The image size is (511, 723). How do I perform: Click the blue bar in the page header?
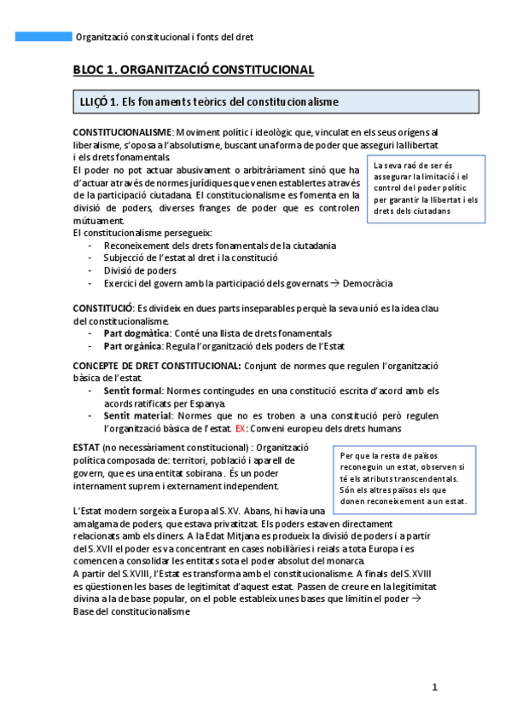[x=44, y=37]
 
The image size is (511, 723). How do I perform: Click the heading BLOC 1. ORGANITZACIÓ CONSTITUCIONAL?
[x=194, y=70]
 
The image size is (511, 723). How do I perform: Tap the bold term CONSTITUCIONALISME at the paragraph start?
[x=123, y=133]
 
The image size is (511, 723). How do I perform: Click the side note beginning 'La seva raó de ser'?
[x=426, y=188]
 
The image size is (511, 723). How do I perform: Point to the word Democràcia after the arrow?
[x=368, y=283]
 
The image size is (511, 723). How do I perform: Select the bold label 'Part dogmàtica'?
[x=136, y=333]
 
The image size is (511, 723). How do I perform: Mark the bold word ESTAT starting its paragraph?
[x=86, y=448]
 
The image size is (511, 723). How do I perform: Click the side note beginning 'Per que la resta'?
[x=402, y=477]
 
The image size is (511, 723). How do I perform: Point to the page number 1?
[x=434, y=687]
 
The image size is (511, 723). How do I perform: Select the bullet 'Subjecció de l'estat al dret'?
[x=190, y=257]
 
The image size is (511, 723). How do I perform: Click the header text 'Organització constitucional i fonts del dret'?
[x=164, y=38]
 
